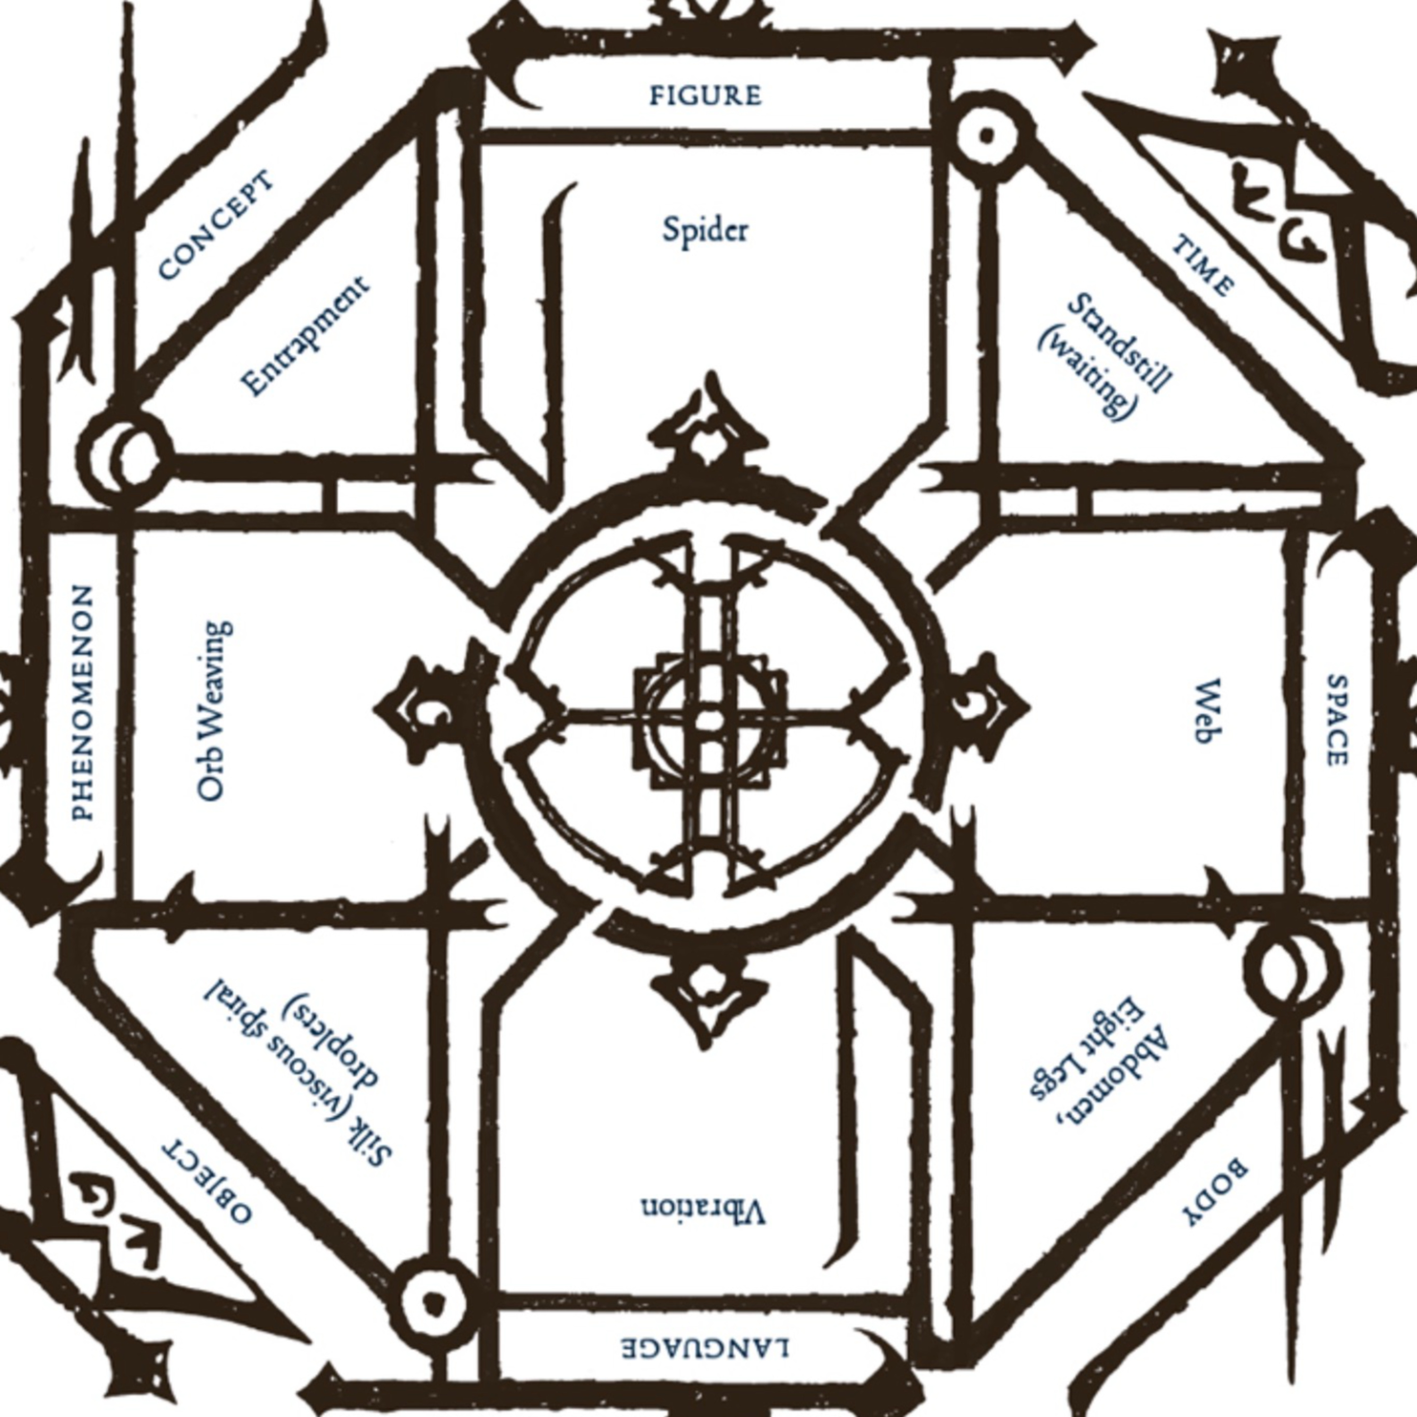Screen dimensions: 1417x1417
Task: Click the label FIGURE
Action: click(706, 96)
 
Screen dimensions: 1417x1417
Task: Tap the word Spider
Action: click(706, 230)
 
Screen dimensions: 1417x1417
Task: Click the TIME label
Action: click(1203, 265)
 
